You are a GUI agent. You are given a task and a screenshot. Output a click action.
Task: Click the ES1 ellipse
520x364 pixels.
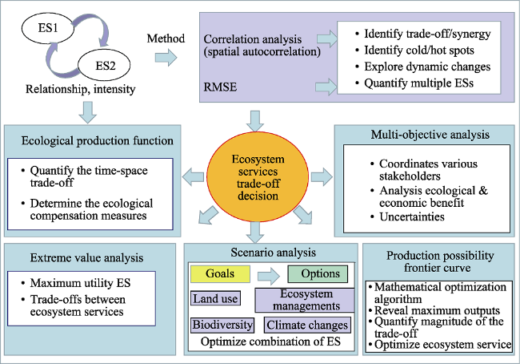pos(48,28)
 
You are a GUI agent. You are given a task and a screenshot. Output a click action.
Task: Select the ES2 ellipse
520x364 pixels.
pos(104,65)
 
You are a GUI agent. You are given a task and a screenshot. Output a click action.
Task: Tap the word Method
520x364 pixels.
pos(166,38)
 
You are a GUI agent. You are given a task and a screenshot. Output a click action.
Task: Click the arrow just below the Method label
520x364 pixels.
pos(166,58)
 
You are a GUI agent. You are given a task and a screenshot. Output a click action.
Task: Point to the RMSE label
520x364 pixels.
pos(220,87)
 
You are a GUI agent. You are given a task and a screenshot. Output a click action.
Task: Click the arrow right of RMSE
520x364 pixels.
pos(326,87)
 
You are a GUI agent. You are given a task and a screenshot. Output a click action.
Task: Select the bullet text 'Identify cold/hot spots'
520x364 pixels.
pos(419,51)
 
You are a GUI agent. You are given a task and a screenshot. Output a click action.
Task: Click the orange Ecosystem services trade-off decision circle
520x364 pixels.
pos(258,177)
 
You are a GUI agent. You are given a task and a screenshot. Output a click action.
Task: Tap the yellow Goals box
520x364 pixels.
pos(220,274)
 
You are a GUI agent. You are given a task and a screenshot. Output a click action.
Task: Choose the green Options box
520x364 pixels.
pos(318,274)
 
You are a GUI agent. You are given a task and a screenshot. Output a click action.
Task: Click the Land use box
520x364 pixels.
pos(215,298)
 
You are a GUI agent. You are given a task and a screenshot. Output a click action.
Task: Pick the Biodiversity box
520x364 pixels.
pos(222,325)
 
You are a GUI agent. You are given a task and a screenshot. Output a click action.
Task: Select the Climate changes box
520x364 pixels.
pos(307,325)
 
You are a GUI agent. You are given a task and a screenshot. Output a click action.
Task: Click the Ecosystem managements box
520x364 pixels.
pos(305,300)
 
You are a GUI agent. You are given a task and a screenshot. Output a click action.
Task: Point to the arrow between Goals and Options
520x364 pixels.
pos(269,276)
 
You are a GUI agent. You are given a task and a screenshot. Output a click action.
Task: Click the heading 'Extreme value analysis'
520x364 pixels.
pos(86,258)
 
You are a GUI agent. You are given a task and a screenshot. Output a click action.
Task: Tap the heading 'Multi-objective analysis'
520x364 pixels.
pos(430,135)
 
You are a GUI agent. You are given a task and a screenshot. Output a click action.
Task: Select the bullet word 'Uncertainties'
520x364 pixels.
pos(412,216)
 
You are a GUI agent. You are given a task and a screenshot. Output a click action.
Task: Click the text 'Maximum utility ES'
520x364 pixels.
pos(80,283)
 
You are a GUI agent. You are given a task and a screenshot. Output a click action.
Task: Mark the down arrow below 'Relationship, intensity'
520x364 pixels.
pos(88,113)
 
